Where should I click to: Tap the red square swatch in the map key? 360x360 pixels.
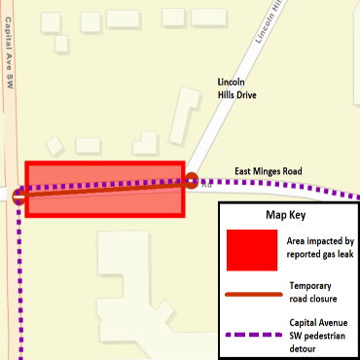[x=253, y=250]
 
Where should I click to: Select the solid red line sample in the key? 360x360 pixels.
[x=252, y=291]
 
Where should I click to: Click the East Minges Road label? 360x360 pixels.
[x=269, y=171]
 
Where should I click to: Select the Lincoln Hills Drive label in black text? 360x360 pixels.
[x=234, y=90]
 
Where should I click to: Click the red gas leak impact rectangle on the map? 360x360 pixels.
[x=104, y=189]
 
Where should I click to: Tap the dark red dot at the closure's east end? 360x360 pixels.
[x=192, y=179]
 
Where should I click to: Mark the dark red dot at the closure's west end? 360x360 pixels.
[x=21, y=195]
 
